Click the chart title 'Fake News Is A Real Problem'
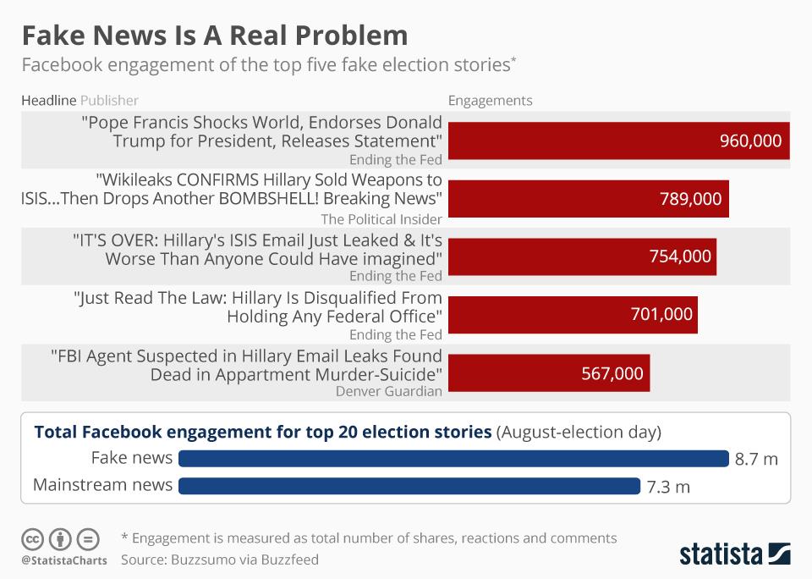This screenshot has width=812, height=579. pos(214,36)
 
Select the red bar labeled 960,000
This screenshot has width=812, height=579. pos(618,141)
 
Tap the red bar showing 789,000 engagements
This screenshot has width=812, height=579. pos(588,199)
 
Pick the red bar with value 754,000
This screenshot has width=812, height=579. pos(582,256)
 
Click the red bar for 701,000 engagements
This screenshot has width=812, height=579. pos(573,314)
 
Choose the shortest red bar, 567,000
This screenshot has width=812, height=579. pos(548,372)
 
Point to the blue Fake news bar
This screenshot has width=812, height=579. pos(453,459)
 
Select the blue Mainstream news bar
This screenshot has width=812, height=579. pos(409,486)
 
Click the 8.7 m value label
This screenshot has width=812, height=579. pos(755,460)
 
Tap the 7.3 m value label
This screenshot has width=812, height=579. pos(668,487)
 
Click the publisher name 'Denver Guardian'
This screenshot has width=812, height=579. pos(388,391)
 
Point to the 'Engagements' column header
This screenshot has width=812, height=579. pos(490,101)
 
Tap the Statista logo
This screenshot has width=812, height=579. pos(734,554)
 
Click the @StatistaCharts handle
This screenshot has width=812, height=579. pos(64,560)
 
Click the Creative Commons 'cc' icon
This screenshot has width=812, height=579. pos(33,538)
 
